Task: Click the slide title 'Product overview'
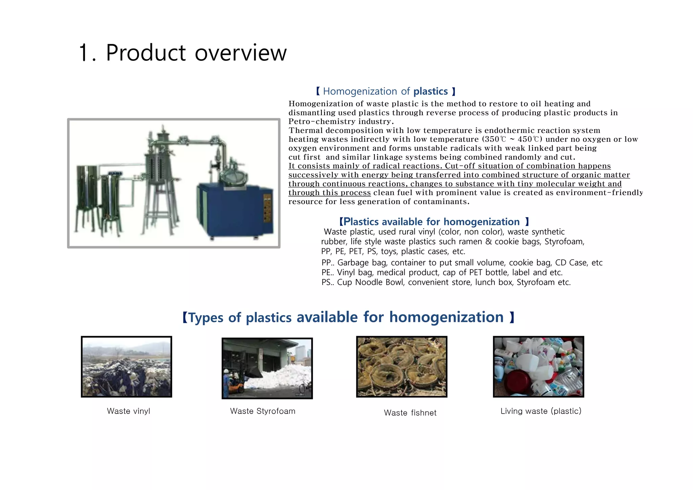click(x=196, y=53)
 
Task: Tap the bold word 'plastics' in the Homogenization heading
click(x=430, y=91)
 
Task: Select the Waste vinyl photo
click(x=127, y=367)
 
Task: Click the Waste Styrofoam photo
click(x=267, y=368)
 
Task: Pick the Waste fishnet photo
click(x=402, y=367)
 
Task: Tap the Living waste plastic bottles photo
click(x=538, y=367)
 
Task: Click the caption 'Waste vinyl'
click(x=128, y=411)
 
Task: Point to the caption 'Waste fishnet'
click(x=410, y=413)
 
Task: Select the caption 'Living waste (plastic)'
click(x=541, y=411)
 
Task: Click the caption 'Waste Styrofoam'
click(x=263, y=411)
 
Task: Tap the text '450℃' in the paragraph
click(x=530, y=139)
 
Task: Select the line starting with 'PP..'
click(x=462, y=263)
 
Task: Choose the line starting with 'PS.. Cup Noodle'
click(x=446, y=282)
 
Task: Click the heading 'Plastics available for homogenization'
click(x=431, y=222)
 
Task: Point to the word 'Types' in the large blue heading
click(x=206, y=318)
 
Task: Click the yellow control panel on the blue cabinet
click(x=267, y=208)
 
